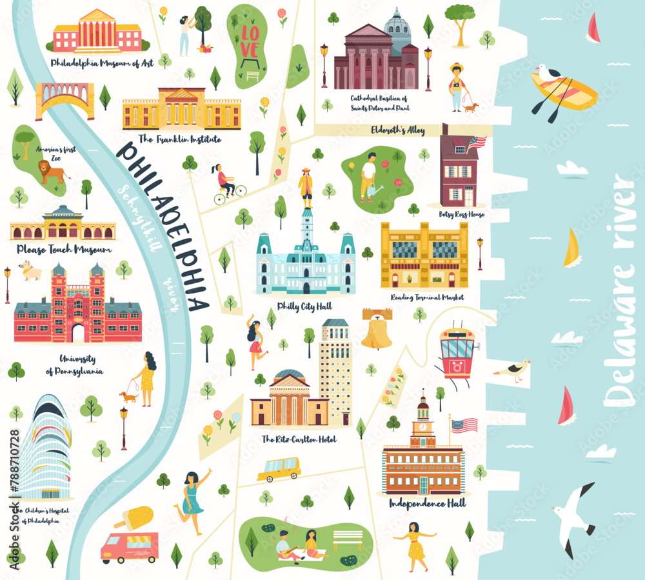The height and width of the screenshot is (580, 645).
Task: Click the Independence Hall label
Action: pos(428,503)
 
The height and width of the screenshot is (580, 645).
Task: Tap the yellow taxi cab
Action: pos(279,469)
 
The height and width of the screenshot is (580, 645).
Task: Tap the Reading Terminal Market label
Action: pos(426,297)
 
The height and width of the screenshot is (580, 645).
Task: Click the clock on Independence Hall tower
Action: pos(423,426)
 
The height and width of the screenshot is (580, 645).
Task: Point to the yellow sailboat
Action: pos(571,249)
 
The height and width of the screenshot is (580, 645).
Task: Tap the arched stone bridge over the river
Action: pos(64,99)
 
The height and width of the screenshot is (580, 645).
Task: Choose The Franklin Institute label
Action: pos(180,139)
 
